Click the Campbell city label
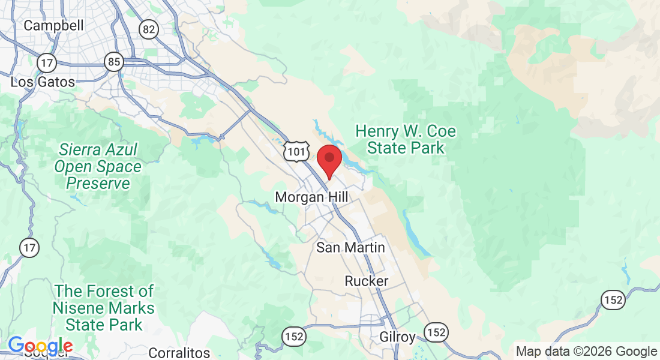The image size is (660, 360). click(x=53, y=26)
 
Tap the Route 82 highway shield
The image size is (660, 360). click(x=148, y=29)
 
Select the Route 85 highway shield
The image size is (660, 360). click(x=114, y=61)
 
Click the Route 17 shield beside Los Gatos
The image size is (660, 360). click(x=47, y=62)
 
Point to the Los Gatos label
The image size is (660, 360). click(x=43, y=82)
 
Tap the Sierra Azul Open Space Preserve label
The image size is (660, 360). click(x=98, y=166)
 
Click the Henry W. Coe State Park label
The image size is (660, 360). click(x=406, y=139)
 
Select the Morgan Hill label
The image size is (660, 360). click(x=311, y=197)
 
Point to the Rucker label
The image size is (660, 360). click(x=366, y=281)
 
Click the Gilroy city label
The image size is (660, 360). click(x=397, y=337)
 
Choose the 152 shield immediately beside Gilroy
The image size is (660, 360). click(x=436, y=332)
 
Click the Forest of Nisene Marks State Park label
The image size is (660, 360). click(x=104, y=308)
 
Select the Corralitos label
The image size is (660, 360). click(x=179, y=353)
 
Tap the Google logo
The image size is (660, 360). click(x=40, y=346)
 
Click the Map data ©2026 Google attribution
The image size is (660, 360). click(x=587, y=352)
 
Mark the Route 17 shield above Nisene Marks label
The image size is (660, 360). click(x=28, y=247)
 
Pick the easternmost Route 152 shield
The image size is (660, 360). click(x=613, y=300)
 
